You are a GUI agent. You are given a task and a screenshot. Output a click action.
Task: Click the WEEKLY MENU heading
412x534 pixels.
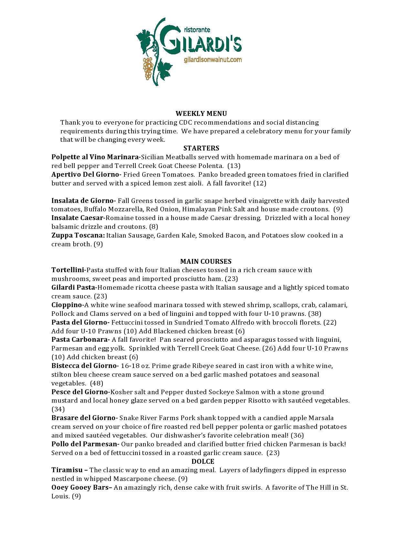[201, 114]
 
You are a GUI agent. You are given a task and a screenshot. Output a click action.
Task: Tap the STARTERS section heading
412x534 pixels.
[201, 148]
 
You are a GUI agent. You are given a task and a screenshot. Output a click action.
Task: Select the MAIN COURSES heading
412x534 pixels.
[206, 261]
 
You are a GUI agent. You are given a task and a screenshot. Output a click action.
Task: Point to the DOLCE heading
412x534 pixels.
[203, 462]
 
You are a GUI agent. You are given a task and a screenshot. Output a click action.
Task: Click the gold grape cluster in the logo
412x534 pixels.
[148, 68]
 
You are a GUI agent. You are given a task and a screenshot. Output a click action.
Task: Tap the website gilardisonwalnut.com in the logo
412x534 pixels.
[213, 60]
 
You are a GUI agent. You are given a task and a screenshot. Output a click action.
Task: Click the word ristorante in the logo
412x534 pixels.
[197, 30]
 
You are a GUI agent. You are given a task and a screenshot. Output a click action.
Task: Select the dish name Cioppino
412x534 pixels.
[67, 305]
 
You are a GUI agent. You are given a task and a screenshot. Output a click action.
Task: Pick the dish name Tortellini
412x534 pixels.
[68, 270]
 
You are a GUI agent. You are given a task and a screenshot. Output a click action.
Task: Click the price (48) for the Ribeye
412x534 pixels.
[96, 383]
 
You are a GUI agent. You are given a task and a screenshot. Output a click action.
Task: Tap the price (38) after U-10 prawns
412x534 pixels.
[315, 314]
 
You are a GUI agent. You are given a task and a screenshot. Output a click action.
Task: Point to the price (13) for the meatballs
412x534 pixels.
[234, 166]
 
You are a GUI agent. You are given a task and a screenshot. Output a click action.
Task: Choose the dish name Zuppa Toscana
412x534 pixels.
[78, 235]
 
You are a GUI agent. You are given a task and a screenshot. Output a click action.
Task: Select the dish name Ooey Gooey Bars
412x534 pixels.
[80, 487]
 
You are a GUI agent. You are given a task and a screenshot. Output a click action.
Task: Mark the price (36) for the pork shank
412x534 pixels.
[297, 435]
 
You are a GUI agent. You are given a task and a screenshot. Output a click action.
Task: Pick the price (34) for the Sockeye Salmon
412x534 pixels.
[58, 409]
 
